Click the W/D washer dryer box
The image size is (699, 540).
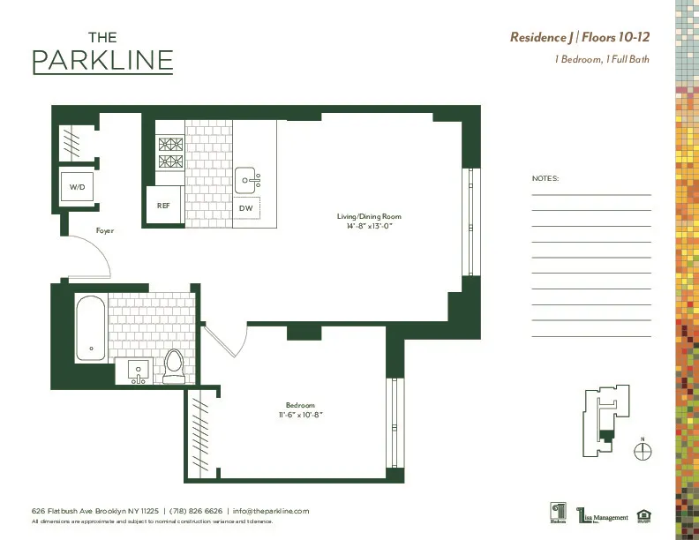[76, 187]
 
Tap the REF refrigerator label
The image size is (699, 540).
[163, 205]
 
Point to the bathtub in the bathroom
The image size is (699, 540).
[89, 328]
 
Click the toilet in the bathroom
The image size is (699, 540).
[174, 365]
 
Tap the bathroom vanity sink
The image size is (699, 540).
[137, 371]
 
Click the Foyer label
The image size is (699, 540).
[104, 230]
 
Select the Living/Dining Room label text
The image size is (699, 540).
[369, 216]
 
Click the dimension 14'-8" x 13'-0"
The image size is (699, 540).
[369, 226]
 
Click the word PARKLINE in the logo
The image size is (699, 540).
[102, 61]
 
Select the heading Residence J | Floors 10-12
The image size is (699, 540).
[580, 37]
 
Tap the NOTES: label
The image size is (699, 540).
[545, 178]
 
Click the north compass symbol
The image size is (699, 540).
[643, 451]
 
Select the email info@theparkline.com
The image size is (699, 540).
[271, 511]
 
